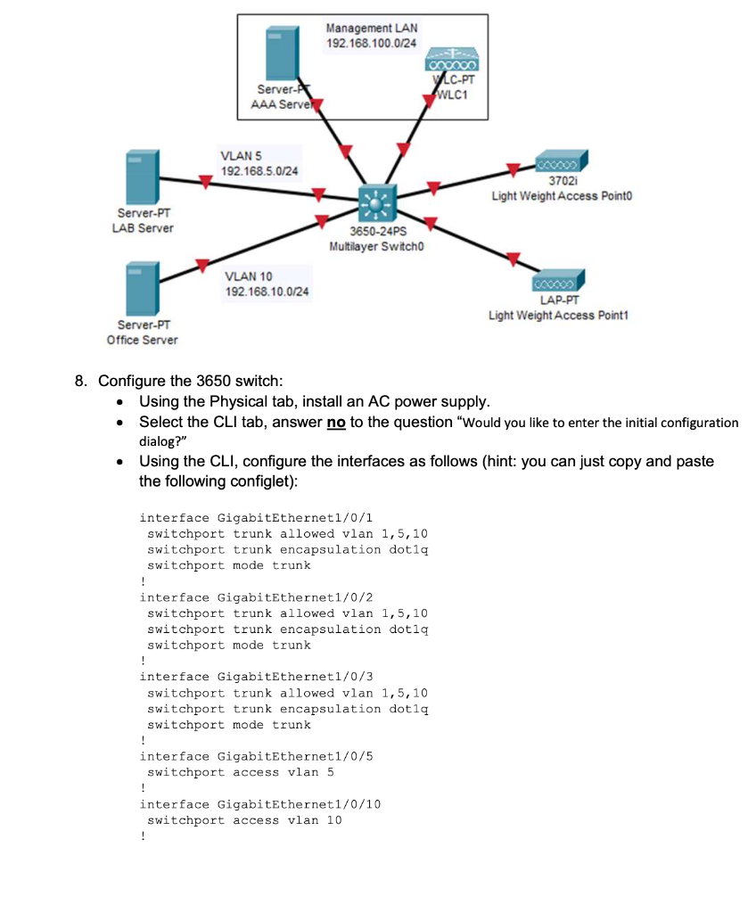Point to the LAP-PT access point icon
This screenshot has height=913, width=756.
coord(558,282)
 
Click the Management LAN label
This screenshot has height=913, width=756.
coord(371,29)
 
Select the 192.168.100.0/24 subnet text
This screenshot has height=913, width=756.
coord(371,43)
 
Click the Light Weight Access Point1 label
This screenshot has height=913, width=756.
coord(558,316)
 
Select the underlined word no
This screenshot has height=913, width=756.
coord(336,422)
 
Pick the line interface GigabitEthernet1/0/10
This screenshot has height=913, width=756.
coord(260,804)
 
